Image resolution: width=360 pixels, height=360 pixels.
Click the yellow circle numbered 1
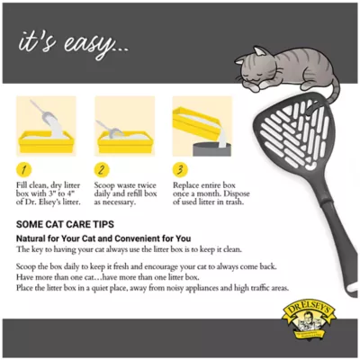27,168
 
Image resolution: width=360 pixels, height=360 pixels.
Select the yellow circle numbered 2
103,168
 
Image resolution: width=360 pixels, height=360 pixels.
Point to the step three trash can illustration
202,127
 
